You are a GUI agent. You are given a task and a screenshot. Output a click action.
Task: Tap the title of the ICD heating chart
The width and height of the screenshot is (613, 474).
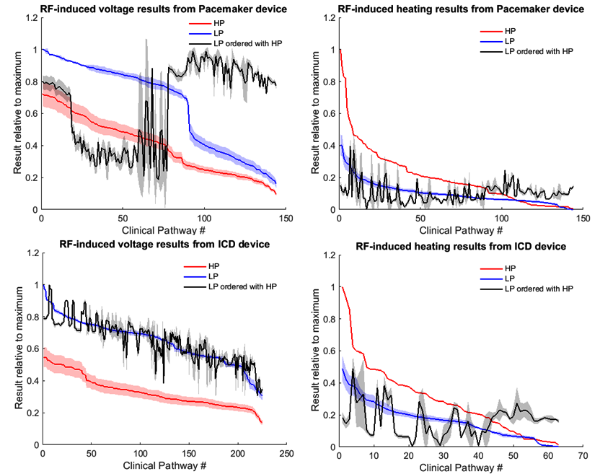click(x=461, y=247)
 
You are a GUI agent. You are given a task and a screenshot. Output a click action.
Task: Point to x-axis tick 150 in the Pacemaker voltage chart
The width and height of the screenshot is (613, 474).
click(x=286, y=218)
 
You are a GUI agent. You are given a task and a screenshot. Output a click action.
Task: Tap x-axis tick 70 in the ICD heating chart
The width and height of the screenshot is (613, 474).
click(x=581, y=456)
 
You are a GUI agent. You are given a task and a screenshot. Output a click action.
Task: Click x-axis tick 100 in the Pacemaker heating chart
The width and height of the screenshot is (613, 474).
click(x=502, y=218)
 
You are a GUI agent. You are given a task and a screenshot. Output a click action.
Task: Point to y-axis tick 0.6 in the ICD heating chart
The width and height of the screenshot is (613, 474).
click(x=328, y=351)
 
